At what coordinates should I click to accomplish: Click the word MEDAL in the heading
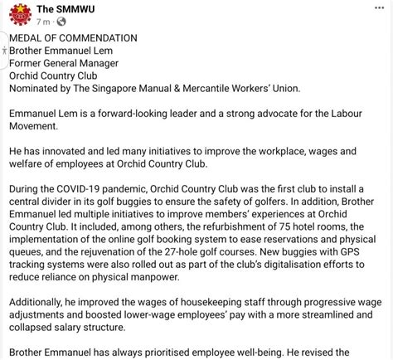pyautogui.click(x=28, y=37)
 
